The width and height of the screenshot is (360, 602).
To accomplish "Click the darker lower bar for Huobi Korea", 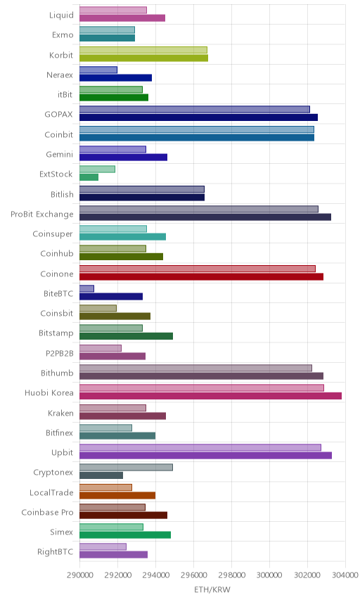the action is click(210, 396).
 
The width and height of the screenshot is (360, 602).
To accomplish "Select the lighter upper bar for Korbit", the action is click(143, 50).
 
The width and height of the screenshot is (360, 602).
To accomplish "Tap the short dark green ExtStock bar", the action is click(89, 177).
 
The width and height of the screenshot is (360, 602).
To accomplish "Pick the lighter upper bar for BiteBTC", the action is click(86, 288).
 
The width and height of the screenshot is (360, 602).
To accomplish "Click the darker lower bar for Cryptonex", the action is click(101, 475).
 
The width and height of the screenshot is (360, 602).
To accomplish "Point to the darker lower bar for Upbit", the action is click(205, 455).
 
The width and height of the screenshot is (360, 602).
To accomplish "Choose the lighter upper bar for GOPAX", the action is click(195, 110).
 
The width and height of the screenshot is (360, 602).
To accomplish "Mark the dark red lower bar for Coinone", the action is click(201, 276).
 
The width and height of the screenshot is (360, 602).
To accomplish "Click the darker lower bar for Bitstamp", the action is click(126, 336).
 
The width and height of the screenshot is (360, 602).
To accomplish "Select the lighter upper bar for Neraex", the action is click(98, 70).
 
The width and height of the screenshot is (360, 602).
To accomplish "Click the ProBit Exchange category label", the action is click(41, 214).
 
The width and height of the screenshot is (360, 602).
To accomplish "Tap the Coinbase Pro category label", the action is click(47, 512).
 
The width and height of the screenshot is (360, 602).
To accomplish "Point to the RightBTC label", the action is click(55, 551).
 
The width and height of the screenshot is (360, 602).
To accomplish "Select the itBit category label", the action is click(65, 94).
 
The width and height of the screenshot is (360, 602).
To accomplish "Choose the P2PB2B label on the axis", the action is click(60, 353).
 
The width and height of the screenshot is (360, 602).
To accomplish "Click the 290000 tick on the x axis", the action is click(80, 575).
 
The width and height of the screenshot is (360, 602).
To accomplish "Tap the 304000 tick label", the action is click(345, 575).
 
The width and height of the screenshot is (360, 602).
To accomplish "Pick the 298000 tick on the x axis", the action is click(231, 575).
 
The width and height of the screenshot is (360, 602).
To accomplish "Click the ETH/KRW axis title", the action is click(212, 590).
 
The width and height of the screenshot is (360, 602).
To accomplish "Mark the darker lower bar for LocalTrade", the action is click(117, 495).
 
